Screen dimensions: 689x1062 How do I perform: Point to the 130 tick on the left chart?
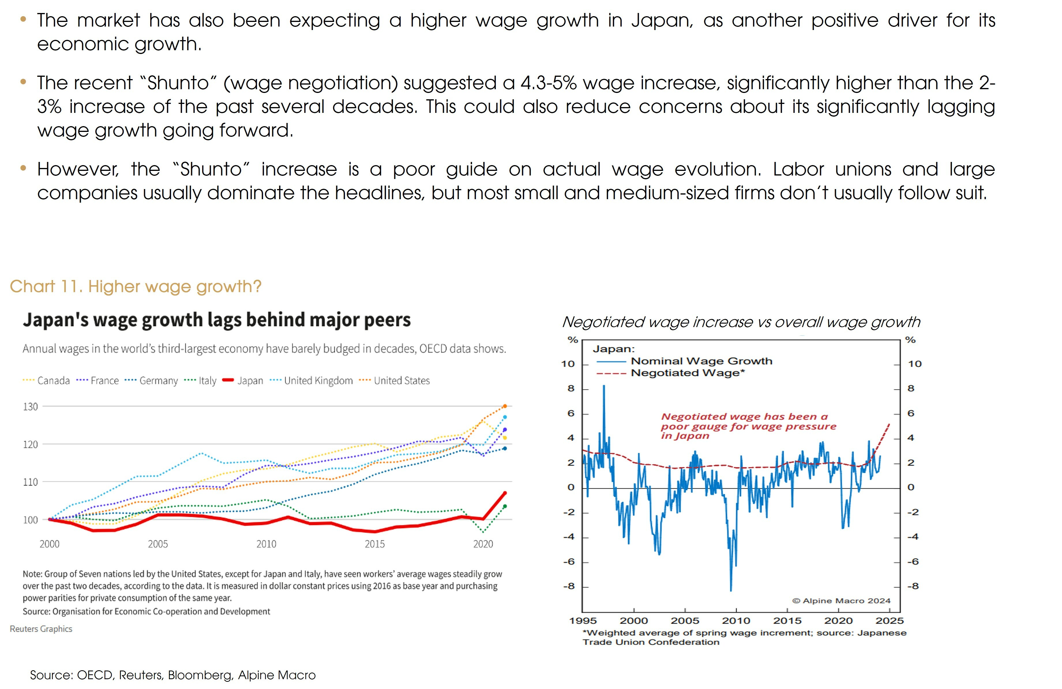[x=30, y=406]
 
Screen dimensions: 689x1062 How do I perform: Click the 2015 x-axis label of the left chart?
[x=374, y=544]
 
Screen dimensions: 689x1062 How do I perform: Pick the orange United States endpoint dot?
[x=505, y=406]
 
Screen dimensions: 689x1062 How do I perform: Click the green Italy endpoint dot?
[x=505, y=506]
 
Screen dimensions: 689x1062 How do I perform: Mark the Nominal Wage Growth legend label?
[x=701, y=361]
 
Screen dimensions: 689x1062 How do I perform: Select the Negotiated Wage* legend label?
[x=687, y=373]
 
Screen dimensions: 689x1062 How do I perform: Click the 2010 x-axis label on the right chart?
[x=736, y=621]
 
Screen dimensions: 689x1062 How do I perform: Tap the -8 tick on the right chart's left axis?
[x=569, y=586]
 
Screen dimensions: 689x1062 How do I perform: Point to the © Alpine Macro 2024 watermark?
[x=841, y=601]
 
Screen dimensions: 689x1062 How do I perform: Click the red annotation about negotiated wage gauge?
[x=748, y=426]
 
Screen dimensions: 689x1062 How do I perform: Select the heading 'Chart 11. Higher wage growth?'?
[x=135, y=286]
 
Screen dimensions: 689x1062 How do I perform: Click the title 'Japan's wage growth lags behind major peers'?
[x=216, y=320]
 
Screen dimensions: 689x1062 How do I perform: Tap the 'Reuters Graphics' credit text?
[x=41, y=629]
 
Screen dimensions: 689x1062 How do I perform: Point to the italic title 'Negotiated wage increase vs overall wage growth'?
[x=741, y=322]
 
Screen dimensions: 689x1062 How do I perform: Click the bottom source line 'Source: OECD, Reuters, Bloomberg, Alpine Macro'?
[x=173, y=675]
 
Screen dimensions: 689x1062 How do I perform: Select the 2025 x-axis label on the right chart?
[x=889, y=621]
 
